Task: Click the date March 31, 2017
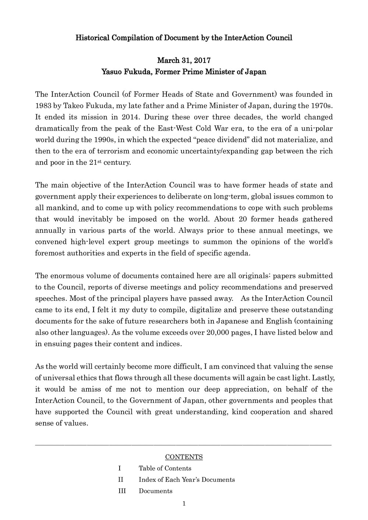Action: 184,61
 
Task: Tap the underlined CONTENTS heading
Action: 184,457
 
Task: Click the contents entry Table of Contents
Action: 165,468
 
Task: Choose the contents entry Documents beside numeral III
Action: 155,491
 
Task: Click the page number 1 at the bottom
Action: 184,504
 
